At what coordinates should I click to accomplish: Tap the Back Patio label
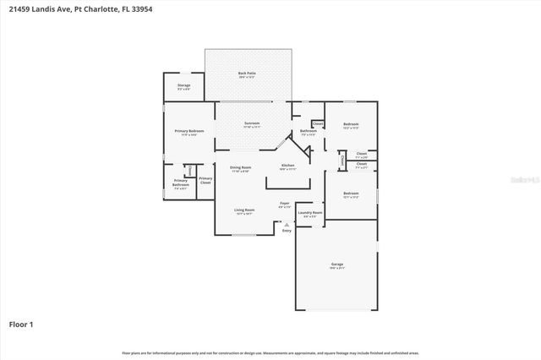point(246,74)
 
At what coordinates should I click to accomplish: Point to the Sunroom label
point(252,124)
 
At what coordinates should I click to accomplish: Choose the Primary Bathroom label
point(181,183)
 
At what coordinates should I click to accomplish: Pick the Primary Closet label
point(205,180)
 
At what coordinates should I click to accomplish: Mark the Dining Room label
point(242,168)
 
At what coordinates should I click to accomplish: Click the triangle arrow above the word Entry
point(287,224)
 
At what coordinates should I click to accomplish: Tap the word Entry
point(287,230)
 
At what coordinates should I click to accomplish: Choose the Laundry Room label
point(310,214)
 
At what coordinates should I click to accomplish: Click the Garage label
point(336,265)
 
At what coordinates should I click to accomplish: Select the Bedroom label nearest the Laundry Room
point(351,194)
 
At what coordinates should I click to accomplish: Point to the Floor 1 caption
point(21,324)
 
